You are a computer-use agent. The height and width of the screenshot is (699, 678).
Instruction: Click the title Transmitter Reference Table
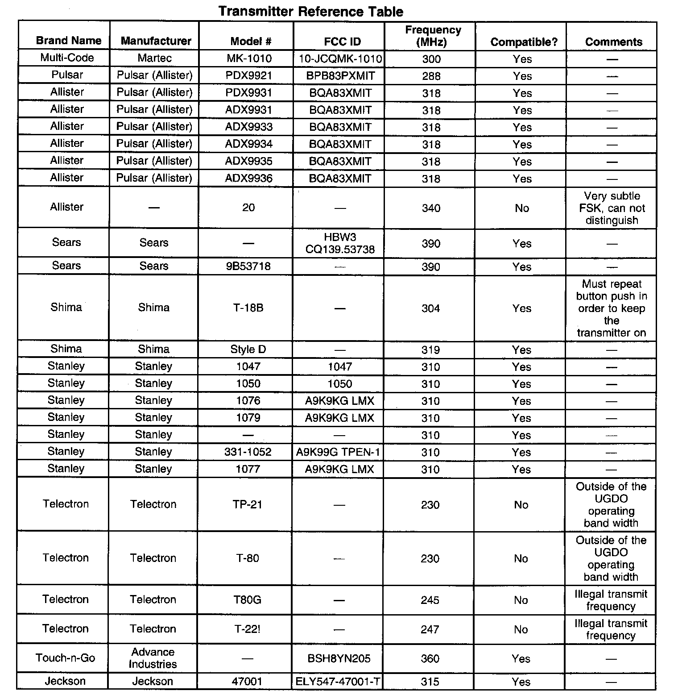[x=311, y=11]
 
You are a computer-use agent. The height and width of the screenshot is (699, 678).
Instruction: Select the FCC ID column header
[x=342, y=42]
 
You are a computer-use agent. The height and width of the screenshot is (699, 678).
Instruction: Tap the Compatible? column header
[x=524, y=42]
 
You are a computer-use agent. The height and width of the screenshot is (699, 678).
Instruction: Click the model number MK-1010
[x=249, y=58]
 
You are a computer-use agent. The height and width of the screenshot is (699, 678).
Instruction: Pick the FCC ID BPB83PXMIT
[x=340, y=76]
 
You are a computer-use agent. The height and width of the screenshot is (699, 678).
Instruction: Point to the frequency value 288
[x=431, y=76]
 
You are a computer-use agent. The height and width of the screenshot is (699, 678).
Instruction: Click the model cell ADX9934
[x=249, y=144]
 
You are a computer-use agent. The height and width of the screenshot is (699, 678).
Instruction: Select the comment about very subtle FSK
[x=612, y=208]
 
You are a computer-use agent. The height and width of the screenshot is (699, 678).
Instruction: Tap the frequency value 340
[x=431, y=208]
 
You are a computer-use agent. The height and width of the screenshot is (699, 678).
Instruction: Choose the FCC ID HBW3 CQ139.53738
[x=340, y=243]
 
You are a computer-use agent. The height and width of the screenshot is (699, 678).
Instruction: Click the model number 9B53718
[x=248, y=266]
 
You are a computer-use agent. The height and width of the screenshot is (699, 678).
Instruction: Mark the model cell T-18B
[x=248, y=308]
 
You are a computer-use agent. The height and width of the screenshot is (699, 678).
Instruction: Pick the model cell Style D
[x=248, y=349]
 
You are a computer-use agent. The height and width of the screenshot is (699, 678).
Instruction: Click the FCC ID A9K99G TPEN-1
[x=338, y=452]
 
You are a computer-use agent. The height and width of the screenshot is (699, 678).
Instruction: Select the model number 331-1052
[x=248, y=452]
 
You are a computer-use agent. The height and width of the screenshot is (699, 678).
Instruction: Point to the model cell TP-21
[x=248, y=504]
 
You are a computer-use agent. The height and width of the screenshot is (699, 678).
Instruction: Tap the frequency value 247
[x=430, y=629]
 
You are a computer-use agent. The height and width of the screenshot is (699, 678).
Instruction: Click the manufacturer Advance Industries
[x=153, y=658]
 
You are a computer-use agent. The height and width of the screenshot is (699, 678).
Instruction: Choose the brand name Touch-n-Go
[x=66, y=658]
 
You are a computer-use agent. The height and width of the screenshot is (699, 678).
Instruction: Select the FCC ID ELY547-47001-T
[x=339, y=682]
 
